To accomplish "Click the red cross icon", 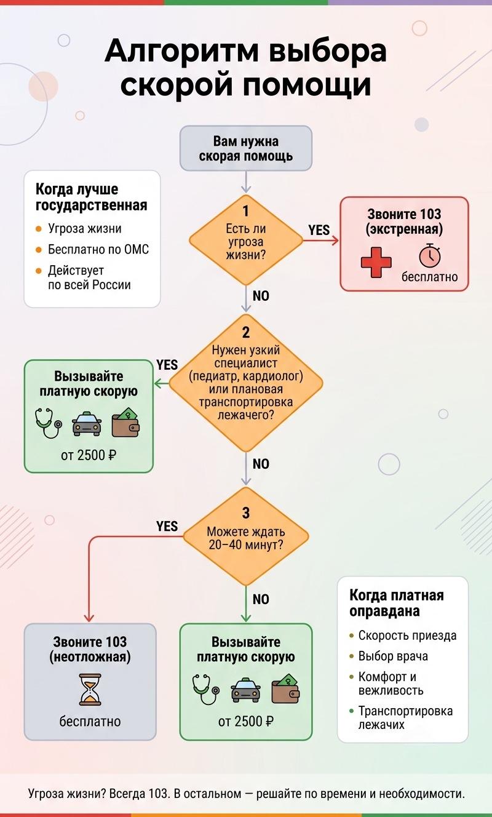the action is pyautogui.click(x=376, y=262).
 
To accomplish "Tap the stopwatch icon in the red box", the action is pyautogui.click(x=430, y=255).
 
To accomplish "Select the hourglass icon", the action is pyautogui.click(x=90, y=689).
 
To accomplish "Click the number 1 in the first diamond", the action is pyautogui.click(x=246, y=211).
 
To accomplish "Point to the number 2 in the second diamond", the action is pyautogui.click(x=246, y=332).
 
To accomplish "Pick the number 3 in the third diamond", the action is pyautogui.click(x=246, y=513).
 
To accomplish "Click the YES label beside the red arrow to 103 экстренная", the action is pyautogui.click(x=319, y=230).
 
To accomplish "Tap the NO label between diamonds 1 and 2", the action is pyautogui.click(x=261, y=296).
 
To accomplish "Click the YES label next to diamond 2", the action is pyautogui.click(x=167, y=365).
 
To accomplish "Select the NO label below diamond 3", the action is pyautogui.click(x=261, y=599).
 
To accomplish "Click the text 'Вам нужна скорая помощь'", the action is pyautogui.click(x=246, y=148).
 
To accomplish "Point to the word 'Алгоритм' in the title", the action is pyautogui.click(x=182, y=51).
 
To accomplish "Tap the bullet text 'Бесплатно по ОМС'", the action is pyautogui.click(x=98, y=250).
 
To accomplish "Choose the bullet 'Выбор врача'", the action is pyautogui.click(x=393, y=656).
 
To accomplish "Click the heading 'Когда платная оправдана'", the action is pyautogui.click(x=397, y=603).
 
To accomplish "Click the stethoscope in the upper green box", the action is pyautogui.click(x=49, y=423).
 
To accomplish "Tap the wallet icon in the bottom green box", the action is pyautogui.click(x=285, y=688).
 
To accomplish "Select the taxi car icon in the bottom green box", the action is pyautogui.click(x=246, y=690).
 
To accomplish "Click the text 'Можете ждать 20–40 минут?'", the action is pyautogui.click(x=246, y=538).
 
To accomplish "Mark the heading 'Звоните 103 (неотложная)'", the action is pyautogui.click(x=90, y=649).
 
